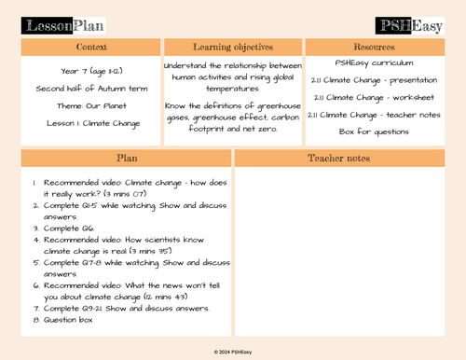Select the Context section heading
(x=91, y=46)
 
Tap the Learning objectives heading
(x=233, y=46)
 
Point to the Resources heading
(x=374, y=46)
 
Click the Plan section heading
(x=127, y=159)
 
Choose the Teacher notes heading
(x=338, y=159)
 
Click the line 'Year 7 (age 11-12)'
(x=91, y=71)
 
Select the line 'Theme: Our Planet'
(x=91, y=104)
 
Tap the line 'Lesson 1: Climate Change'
(x=91, y=121)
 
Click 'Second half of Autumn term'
(x=91, y=88)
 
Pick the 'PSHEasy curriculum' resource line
(x=374, y=62)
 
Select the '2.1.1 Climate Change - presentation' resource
(x=374, y=80)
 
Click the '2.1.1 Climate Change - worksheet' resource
(x=374, y=97)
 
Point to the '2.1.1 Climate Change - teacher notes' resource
(x=374, y=114)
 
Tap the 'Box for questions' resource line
(x=374, y=132)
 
